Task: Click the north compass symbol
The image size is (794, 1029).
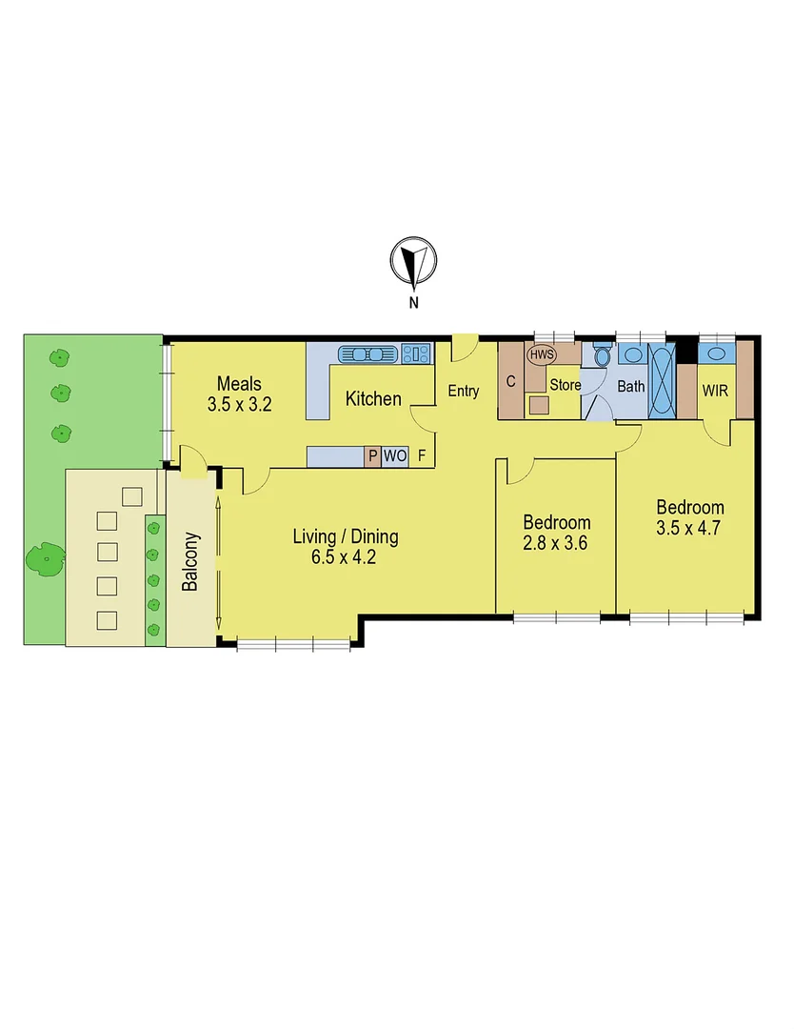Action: [x=413, y=261]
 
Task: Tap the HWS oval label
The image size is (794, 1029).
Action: [x=542, y=355]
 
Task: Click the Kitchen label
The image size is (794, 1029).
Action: [x=373, y=398]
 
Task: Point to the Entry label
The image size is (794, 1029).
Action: [x=463, y=391]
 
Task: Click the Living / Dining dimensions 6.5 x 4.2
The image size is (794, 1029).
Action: [x=344, y=558]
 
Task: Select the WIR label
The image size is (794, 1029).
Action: [x=716, y=391]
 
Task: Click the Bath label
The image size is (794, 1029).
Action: [x=631, y=387]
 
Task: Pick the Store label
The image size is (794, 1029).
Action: [x=565, y=386]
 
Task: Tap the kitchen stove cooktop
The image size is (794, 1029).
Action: [x=415, y=354]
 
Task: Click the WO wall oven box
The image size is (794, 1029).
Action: [x=395, y=456]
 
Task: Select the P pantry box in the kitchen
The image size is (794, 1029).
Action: [x=372, y=456]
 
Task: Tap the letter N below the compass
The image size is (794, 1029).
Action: [x=413, y=303]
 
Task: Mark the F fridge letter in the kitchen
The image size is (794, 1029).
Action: [x=422, y=456]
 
